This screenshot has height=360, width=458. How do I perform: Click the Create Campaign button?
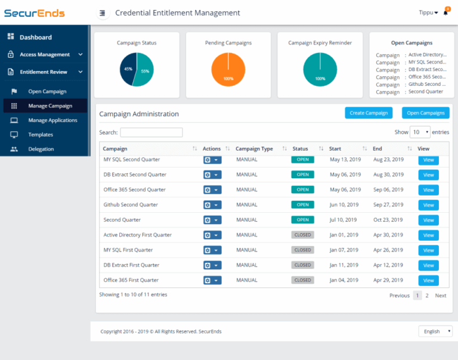(x=369, y=113)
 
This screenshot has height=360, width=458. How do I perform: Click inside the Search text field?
(x=151, y=132)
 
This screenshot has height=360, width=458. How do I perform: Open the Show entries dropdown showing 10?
(x=420, y=132)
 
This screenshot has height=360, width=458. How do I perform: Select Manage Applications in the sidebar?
(x=52, y=120)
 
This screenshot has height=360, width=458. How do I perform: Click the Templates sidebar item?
(x=41, y=135)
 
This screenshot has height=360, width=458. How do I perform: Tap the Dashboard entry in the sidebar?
(x=36, y=37)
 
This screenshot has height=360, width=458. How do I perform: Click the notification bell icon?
(x=445, y=13)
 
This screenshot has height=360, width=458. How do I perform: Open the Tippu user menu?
(x=428, y=13)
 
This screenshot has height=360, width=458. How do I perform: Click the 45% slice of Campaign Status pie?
(x=128, y=69)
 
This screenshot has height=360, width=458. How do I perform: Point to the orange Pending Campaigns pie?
(x=228, y=70)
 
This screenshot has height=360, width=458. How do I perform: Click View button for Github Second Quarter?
(x=428, y=205)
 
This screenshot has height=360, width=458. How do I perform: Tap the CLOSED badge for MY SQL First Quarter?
(x=302, y=250)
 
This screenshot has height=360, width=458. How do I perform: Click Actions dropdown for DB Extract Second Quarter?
(x=212, y=175)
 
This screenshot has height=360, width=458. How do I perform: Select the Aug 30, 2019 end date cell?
(x=388, y=175)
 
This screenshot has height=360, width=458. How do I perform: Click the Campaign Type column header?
(x=254, y=148)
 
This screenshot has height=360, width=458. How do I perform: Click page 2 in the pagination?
(x=427, y=296)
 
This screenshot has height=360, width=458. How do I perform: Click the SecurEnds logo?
(x=35, y=13)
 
